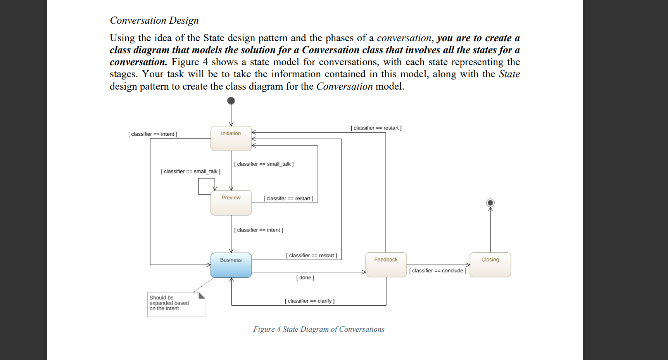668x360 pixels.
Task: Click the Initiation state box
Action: point(231,138)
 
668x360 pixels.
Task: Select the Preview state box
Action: point(231,202)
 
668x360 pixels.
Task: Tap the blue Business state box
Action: point(231,265)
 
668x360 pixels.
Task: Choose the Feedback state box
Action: point(386,265)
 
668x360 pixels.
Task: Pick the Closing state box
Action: point(490,265)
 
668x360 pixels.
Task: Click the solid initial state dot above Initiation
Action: point(231,101)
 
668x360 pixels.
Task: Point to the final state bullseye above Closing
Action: point(490,202)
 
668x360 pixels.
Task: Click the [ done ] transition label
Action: point(305,278)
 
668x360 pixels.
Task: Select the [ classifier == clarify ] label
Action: point(309,301)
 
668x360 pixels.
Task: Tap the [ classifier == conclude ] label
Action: point(438,271)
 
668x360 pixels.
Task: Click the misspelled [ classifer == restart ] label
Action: point(288,199)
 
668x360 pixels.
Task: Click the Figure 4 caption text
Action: point(319,329)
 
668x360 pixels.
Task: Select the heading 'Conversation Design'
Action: point(154,21)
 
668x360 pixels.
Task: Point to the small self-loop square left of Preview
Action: point(207,186)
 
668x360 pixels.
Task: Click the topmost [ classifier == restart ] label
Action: point(376,128)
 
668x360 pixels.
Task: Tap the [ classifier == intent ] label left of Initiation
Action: point(153,134)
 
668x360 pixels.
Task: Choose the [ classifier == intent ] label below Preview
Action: point(259,230)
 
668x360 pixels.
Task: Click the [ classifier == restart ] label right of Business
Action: point(311,256)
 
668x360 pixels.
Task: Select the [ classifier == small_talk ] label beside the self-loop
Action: point(190,171)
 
